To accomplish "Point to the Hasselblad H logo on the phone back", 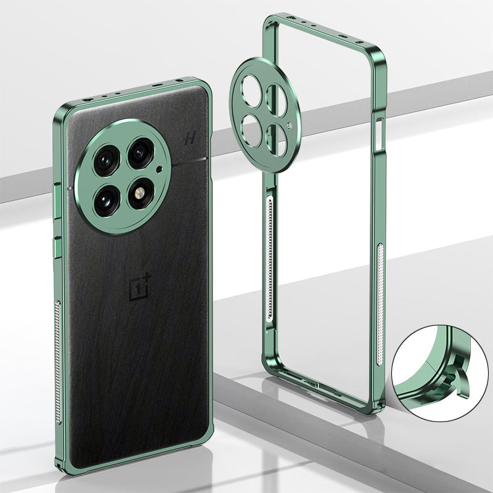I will pos(190,139).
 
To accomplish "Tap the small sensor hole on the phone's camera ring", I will pos(160,169).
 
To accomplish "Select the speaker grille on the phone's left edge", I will pos(59,362).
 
